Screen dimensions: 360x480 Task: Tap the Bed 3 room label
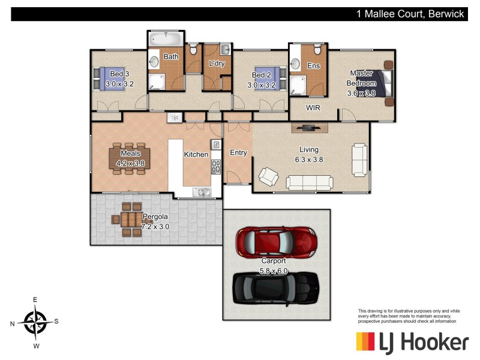pyautogui.click(x=119, y=74)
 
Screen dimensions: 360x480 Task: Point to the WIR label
pyautogui.click(x=313, y=109)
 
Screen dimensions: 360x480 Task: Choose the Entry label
pyautogui.click(x=238, y=152)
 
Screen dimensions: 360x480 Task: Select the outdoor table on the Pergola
pyautogui.click(x=127, y=220)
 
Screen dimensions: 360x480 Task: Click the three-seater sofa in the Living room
pyautogui.click(x=308, y=182)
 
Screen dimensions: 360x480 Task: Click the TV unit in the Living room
pyautogui.click(x=310, y=127)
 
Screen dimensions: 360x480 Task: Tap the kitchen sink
pyautogui.click(x=201, y=192)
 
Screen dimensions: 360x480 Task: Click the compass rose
pyautogui.click(x=37, y=322)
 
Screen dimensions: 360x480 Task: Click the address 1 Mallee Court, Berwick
pyautogui.click(x=410, y=14)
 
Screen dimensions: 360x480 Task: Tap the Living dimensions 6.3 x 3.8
pyautogui.click(x=309, y=160)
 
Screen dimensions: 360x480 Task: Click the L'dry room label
pyautogui.click(x=216, y=64)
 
